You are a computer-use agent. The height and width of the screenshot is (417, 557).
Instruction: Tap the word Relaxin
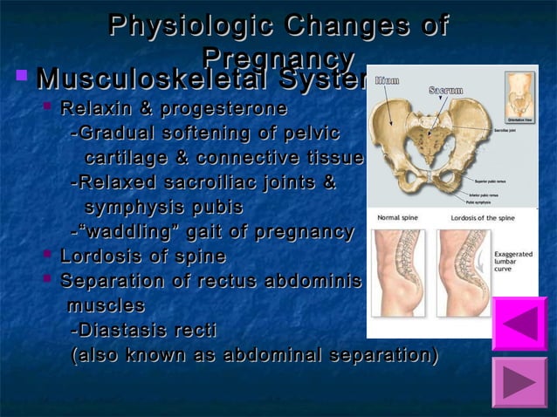[93, 110]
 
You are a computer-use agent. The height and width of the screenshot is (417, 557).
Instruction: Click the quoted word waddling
[126, 232]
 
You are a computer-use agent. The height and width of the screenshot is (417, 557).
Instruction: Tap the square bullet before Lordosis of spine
[49, 256]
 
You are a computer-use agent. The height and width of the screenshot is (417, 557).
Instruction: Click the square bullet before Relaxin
[49, 109]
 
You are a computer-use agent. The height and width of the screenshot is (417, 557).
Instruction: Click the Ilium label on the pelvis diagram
[387, 81]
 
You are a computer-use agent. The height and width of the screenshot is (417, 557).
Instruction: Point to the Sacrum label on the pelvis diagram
[445, 90]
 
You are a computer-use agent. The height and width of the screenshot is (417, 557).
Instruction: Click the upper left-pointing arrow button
[519, 324]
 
